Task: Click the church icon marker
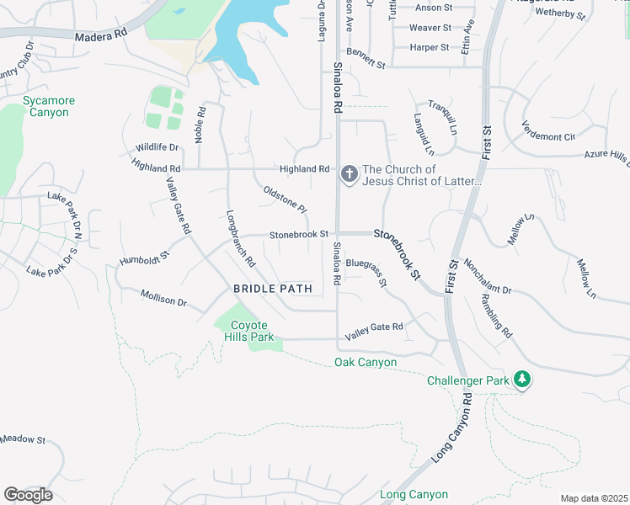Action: coord(349,175)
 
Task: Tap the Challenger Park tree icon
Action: coord(523,380)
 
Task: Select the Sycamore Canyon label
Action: coord(49,106)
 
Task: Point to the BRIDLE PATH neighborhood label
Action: coord(273,289)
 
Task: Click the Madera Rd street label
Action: coord(100,37)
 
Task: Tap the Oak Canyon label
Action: coord(365,363)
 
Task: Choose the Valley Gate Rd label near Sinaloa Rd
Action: coord(374,327)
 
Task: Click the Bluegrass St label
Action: coord(366,274)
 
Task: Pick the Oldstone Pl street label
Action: coord(285,199)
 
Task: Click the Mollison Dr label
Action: coord(163,299)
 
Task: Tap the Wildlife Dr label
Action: coord(157,148)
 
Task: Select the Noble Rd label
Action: coord(200,124)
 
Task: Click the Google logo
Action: coord(28,495)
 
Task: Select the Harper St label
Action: coord(430,48)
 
